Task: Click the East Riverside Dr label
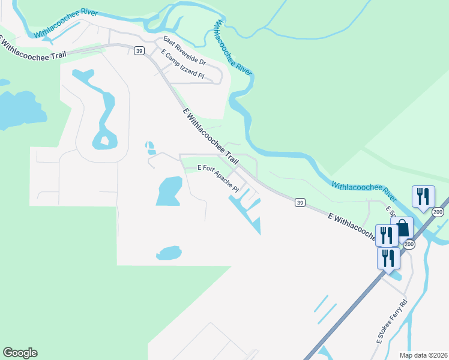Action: tap(184, 52)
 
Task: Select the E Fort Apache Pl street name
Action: tap(218, 178)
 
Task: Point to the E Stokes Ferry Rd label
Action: tap(391, 321)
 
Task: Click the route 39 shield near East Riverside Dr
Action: tap(139, 52)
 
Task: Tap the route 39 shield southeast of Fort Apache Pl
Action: tap(299, 203)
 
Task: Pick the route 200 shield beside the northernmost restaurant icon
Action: tap(438, 212)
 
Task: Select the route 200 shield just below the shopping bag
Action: tap(409, 244)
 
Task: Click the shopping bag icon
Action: tap(402, 228)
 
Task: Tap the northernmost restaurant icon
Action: tap(423, 196)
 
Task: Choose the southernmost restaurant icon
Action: tap(388, 259)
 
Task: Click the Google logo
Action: tap(20, 353)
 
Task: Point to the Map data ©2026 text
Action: tap(424, 355)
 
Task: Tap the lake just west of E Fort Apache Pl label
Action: tap(169, 191)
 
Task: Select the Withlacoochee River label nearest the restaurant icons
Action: tap(364, 191)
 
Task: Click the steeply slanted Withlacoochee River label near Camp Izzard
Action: tap(232, 47)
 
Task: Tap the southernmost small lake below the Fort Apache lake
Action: tap(169, 253)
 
